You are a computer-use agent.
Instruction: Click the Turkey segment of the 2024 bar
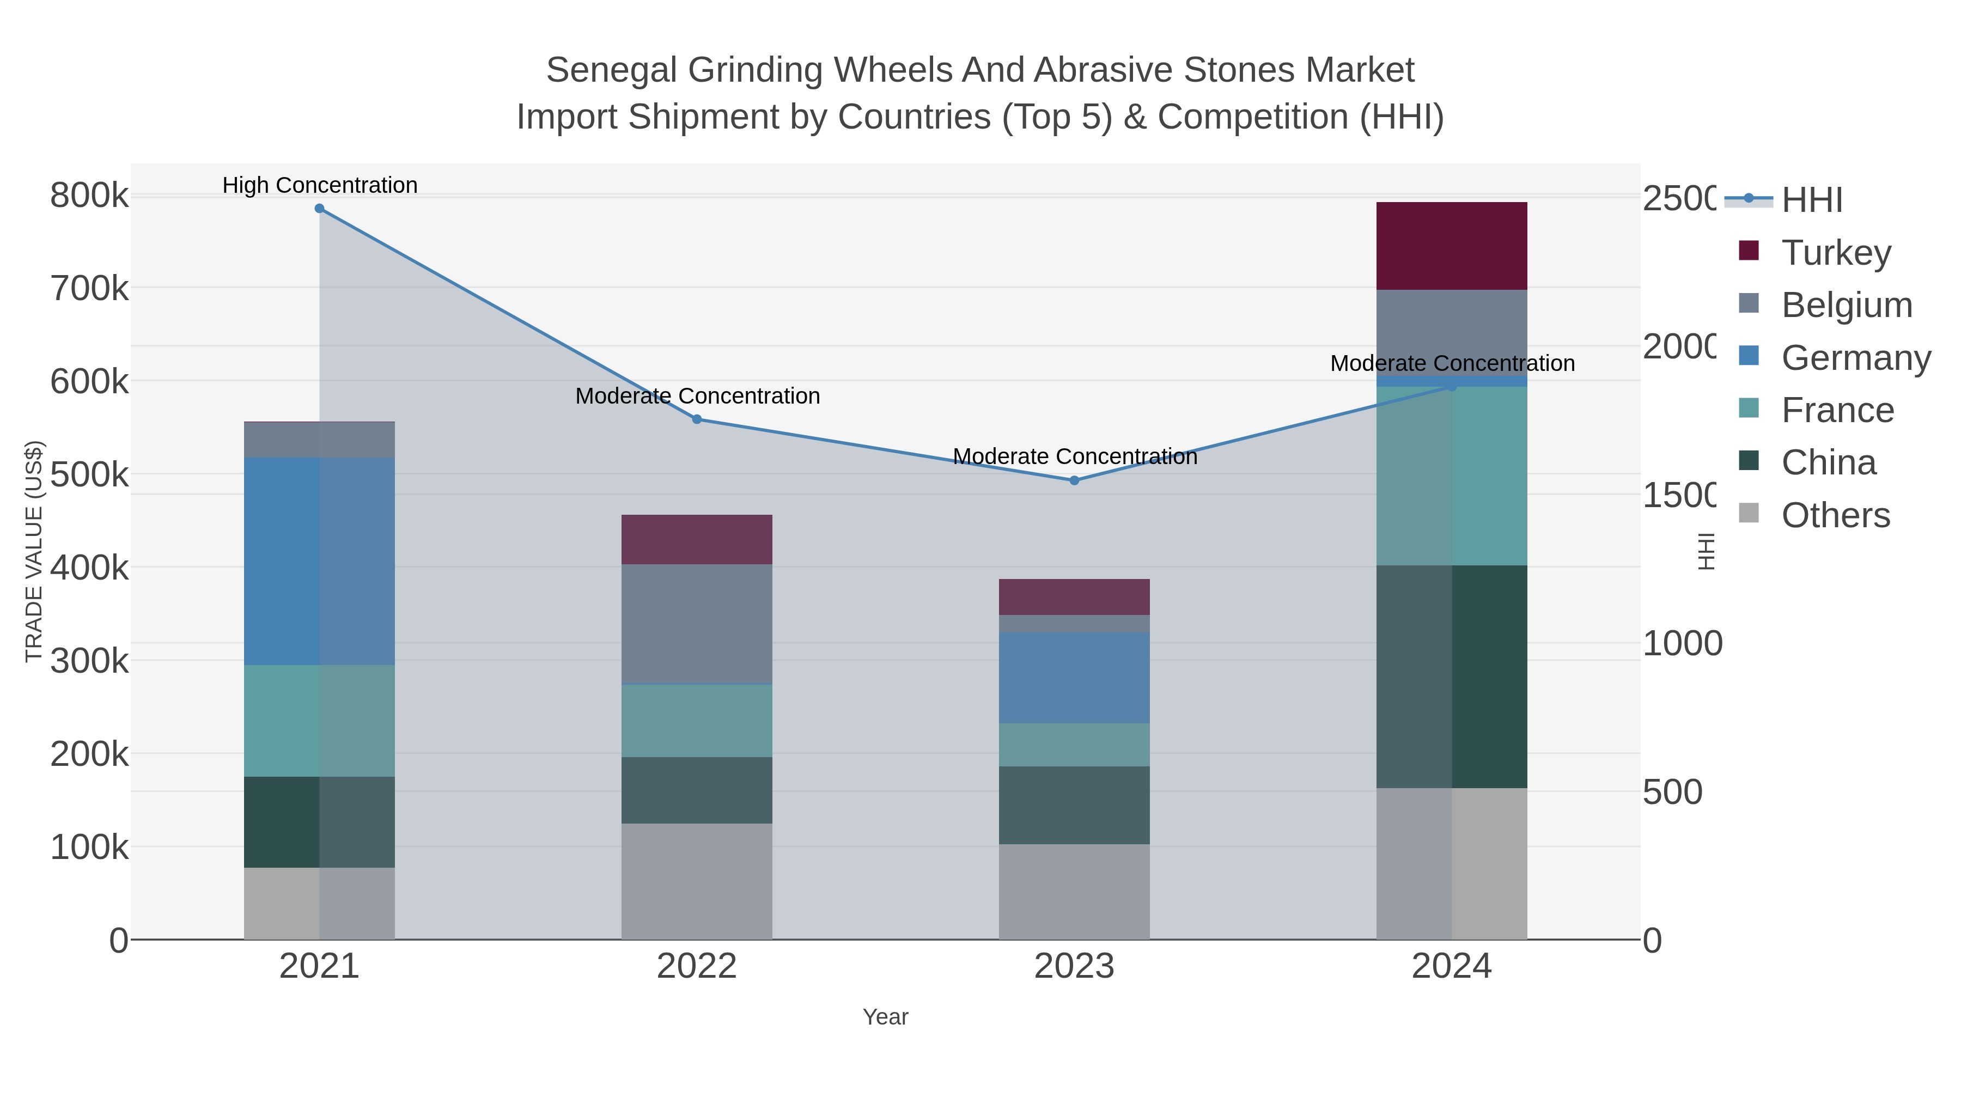tap(1451, 245)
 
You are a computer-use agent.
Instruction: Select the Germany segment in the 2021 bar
tap(319, 561)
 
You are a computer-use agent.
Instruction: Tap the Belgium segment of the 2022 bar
tap(697, 624)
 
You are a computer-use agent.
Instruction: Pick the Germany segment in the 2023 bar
tap(1074, 678)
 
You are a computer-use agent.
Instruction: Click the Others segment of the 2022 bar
tap(697, 881)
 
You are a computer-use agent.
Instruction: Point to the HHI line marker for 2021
tap(319, 209)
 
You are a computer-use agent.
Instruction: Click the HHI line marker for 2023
tap(1074, 480)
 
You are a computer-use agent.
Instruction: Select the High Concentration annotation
tap(320, 185)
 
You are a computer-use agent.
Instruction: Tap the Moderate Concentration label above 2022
tap(697, 396)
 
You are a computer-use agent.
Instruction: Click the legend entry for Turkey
tap(1835, 252)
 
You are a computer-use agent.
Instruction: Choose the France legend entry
tap(1837, 410)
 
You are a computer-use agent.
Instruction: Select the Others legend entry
tap(1835, 515)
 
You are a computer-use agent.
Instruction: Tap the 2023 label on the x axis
tap(1074, 967)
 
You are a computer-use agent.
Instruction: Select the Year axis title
tap(885, 1017)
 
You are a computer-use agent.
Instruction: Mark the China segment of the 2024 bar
tap(1451, 676)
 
